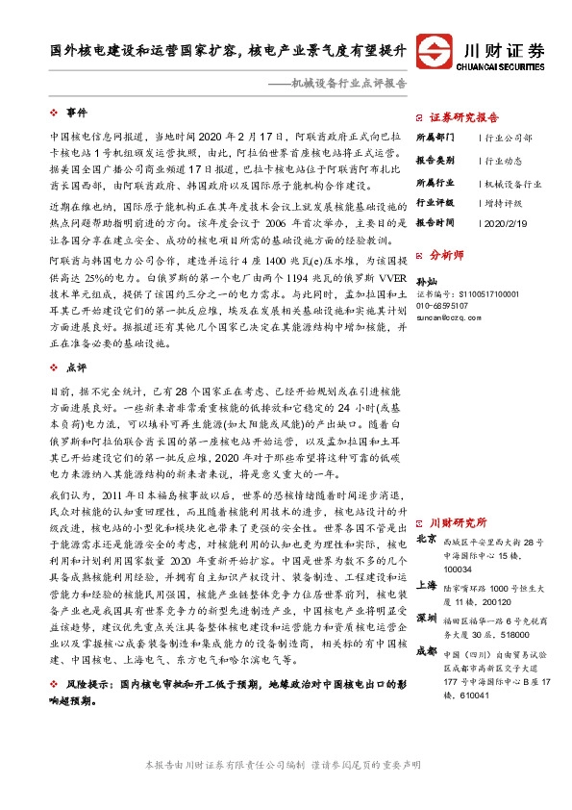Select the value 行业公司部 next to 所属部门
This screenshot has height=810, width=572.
(x=509, y=139)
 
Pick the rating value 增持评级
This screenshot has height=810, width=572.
(x=503, y=203)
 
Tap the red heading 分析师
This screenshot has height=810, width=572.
(x=446, y=257)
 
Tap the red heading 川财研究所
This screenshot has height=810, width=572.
(x=458, y=522)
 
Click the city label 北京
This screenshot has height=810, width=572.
(x=426, y=541)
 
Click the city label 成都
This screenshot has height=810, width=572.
(x=426, y=650)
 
